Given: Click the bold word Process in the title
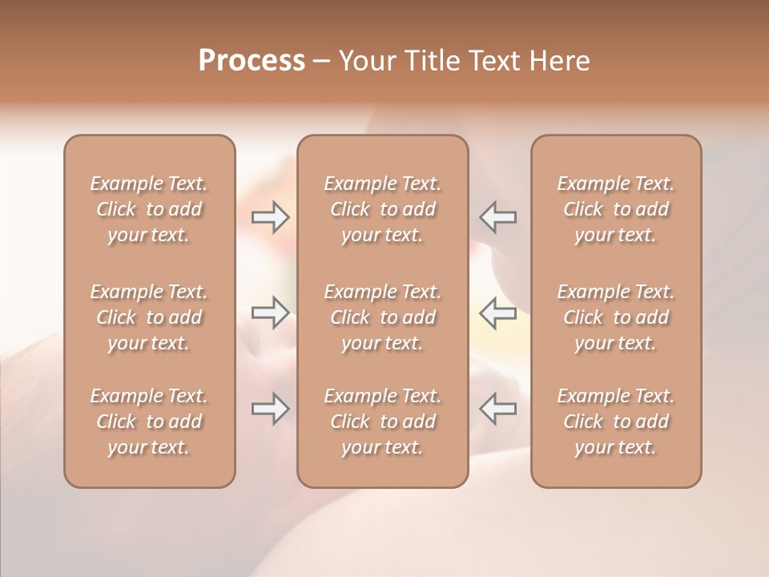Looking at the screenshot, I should [252, 61].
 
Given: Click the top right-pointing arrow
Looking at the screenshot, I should [270, 217].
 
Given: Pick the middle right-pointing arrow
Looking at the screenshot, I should [270, 313].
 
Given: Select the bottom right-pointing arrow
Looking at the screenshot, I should [270, 409].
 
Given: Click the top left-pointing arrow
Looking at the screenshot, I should [498, 217].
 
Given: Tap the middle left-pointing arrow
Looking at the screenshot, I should [498, 313].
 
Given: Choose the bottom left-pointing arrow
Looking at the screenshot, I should [498, 409].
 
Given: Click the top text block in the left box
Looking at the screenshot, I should [149, 209].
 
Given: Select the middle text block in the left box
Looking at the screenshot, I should [149, 317].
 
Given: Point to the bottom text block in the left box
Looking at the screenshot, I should [149, 422].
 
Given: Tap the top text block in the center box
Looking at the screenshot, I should [383, 209].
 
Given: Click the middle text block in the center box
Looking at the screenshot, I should [383, 317].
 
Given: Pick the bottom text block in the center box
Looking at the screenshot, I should [383, 422].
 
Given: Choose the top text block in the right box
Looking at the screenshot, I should [616, 209].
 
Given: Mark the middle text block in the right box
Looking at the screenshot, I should [616, 317].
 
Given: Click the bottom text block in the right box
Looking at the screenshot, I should [616, 422].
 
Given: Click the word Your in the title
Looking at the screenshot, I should [364, 61].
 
